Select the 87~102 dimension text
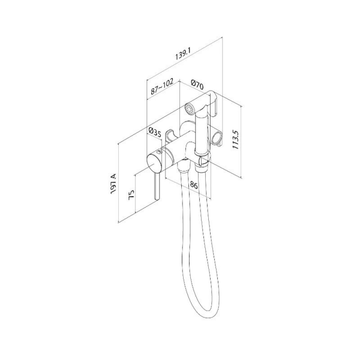(162, 87)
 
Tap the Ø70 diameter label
(197, 85)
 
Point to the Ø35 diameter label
(155, 133)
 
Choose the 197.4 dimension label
(113, 184)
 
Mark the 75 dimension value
(131, 195)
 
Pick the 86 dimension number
(193, 185)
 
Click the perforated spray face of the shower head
(189, 108)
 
